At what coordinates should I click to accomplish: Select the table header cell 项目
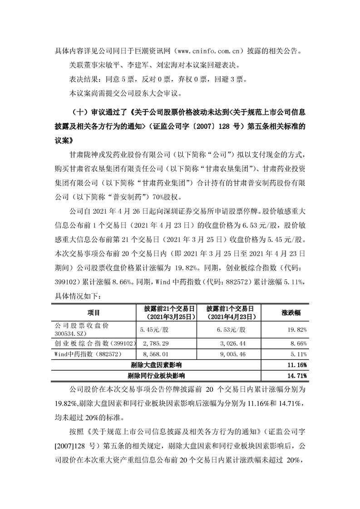pos(94,313)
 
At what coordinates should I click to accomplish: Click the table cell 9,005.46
pos(233,354)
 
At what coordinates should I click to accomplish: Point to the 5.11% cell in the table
pos(300,354)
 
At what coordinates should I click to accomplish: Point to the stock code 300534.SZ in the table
pos(69,333)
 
